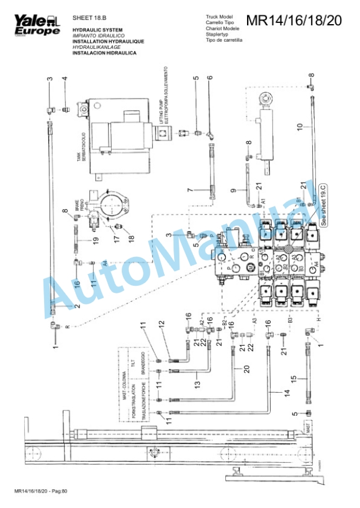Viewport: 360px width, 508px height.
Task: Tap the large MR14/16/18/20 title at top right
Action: point(293,21)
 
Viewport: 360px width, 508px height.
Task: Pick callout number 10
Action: point(299,126)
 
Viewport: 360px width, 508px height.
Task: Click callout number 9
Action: point(233,190)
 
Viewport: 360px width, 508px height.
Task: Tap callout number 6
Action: point(209,78)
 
